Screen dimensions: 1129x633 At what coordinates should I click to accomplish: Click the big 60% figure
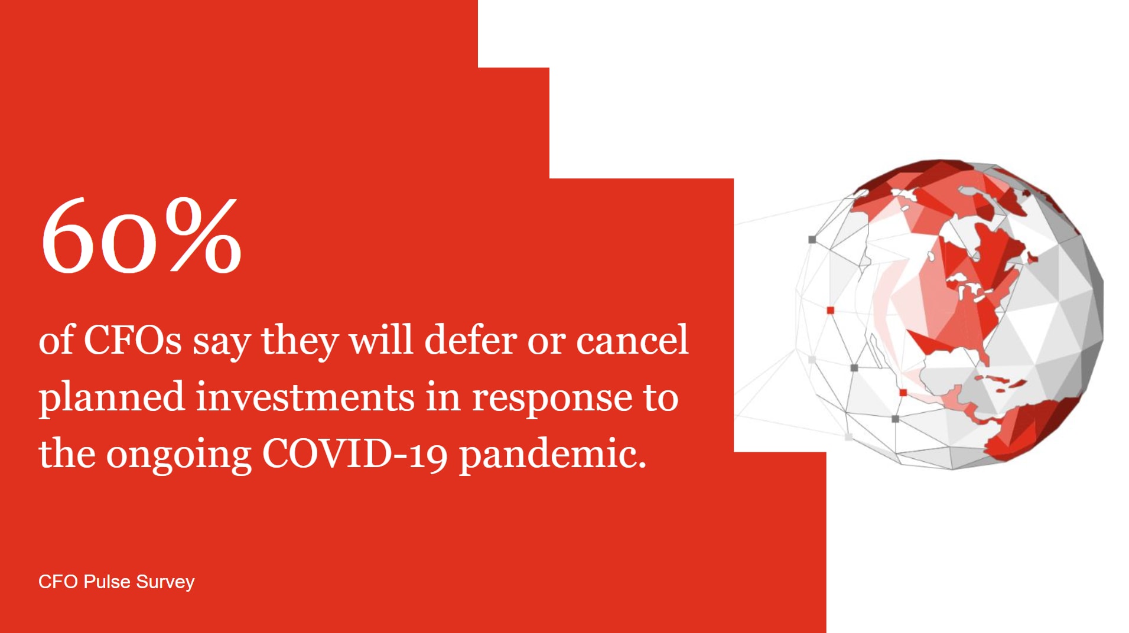[141, 236]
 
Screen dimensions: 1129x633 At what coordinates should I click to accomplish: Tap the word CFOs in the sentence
[133, 340]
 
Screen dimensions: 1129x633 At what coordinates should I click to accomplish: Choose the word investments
[305, 397]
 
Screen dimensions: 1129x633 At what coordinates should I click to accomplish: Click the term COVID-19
[355, 453]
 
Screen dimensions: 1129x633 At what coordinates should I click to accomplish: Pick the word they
[300, 341]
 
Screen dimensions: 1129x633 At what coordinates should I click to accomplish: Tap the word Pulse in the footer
[107, 582]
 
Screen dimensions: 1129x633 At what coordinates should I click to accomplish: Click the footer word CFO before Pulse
[58, 582]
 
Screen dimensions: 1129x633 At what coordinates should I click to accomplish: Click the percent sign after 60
[203, 236]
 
